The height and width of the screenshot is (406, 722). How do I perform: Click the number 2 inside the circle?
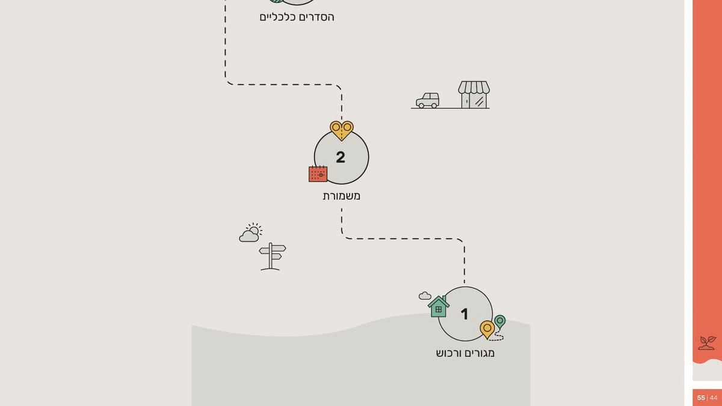pyautogui.click(x=341, y=158)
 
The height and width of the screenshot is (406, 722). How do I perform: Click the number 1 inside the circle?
pyautogui.click(x=464, y=314)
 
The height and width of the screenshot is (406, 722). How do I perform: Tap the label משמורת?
pyautogui.click(x=342, y=196)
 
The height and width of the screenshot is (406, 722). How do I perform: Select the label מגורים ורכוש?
pyautogui.click(x=465, y=353)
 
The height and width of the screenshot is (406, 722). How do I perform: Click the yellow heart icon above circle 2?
pyautogui.click(x=342, y=130)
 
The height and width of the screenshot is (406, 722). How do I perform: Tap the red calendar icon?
pyautogui.click(x=318, y=174)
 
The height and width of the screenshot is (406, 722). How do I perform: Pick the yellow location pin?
pyautogui.click(x=487, y=329)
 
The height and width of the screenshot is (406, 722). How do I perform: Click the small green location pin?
pyautogui.click(x=500, y=322)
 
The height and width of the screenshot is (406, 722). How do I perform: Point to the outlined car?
pyautogui.click(x=428, y=100)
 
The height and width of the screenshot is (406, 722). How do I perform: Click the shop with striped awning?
pyautogui.click(x=474, y=95)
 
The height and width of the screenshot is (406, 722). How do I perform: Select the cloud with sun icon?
pyautogui.click(x=250, y=233)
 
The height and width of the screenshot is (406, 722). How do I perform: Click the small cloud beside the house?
pyautogui.click(x=425, y=295)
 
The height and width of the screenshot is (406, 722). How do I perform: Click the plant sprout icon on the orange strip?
pyautogui.click(x=707, y=343)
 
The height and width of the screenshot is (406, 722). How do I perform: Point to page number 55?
pyautogui.click(x=701, y=398)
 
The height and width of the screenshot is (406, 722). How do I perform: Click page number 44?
pyautogui.click(x=714, y=398)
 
